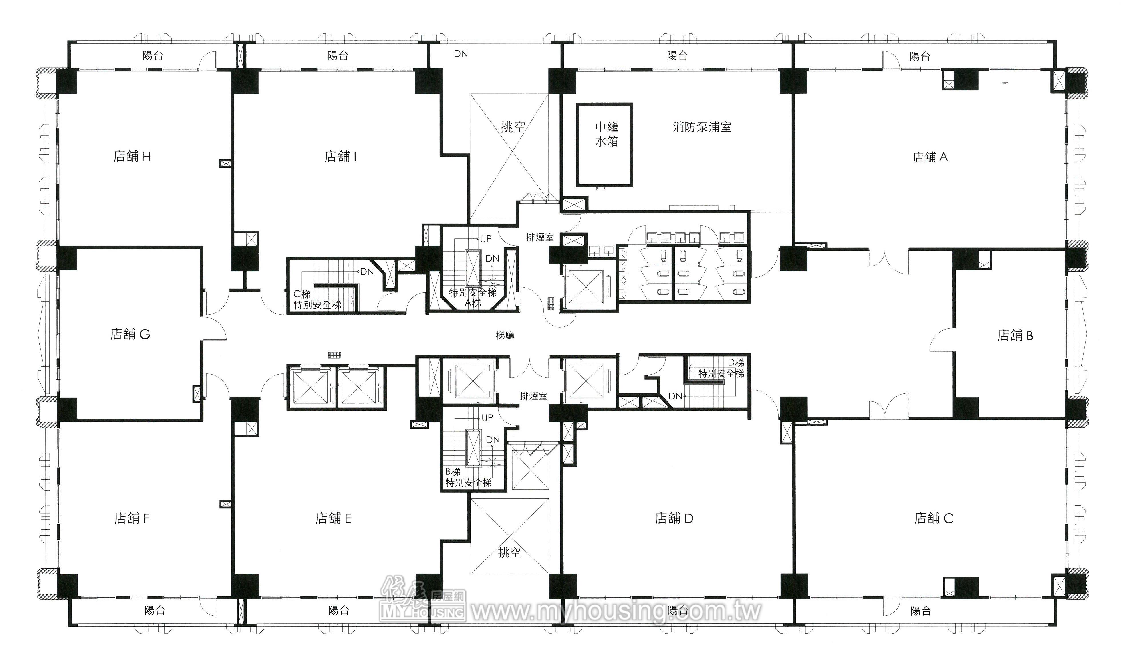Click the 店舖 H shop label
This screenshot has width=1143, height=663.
tap(132, 157)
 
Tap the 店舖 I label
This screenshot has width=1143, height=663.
tap(340, 157)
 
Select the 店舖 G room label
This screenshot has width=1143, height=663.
tap(130, 335)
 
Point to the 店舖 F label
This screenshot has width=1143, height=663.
tap(132, 518)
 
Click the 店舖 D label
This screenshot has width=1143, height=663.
tap(674, 518)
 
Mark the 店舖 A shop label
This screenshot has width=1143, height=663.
tap(930, 157)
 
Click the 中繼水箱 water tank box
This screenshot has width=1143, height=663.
tap(605, 144)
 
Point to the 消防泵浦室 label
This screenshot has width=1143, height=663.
tap(702, 127)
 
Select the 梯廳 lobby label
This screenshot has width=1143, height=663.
tap(505, 335)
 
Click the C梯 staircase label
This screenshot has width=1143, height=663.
tap(302, 294)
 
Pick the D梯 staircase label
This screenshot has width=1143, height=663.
tap(736, 363)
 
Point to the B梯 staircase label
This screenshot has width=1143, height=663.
tap(453, 472)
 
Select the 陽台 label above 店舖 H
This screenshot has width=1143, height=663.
tap(153, 55)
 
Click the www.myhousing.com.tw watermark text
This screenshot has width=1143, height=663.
tap(616, 611)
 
